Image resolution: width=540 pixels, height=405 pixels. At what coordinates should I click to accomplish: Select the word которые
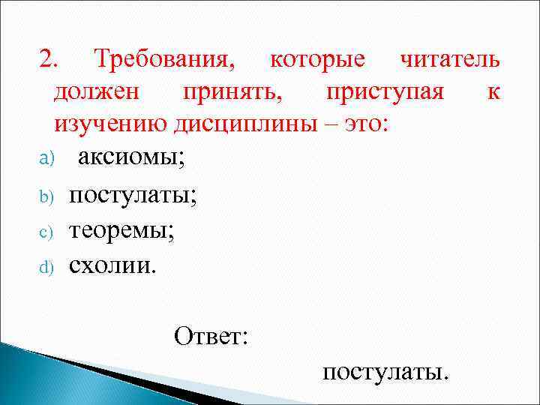click(317, 59)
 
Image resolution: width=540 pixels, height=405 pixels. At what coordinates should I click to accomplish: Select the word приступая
click(385, 92)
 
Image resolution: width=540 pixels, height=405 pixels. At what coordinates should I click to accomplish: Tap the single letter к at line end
click(493, 92)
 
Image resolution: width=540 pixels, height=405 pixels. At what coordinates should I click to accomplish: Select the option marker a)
click(44, 160)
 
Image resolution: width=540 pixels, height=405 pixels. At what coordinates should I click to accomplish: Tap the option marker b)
click(44, 197)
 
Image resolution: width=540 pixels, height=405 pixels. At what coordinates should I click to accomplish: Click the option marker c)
click(44, 232)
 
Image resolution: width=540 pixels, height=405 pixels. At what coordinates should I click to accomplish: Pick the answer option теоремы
click(122, 230)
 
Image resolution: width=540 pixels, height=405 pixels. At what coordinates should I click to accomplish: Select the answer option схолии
click(113, 265)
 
